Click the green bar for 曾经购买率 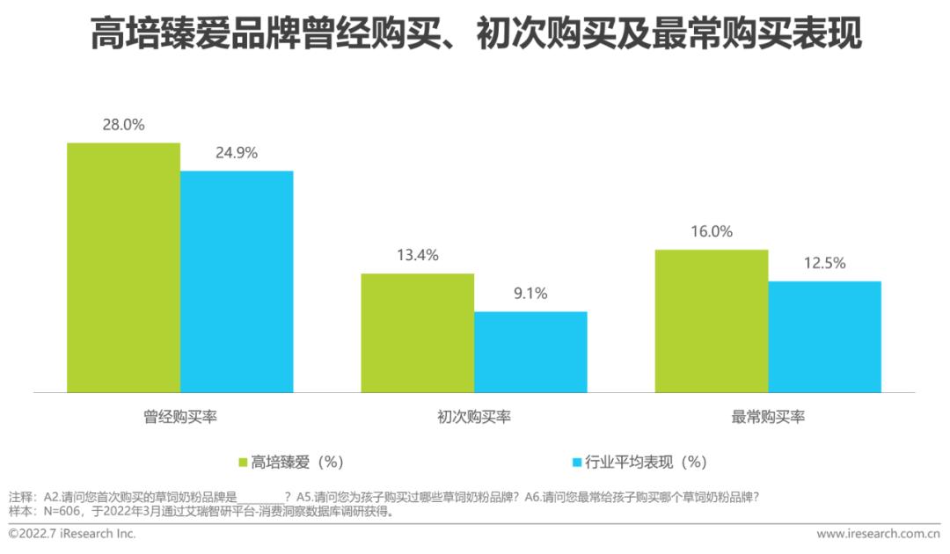[x=124, y=267]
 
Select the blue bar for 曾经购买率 [x=237, y=281]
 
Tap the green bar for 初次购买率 [x=418, y=332]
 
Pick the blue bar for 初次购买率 [x=530, y=352]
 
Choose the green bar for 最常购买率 [x=712, y=321]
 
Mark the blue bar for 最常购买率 [x=824, y=337]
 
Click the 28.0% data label [x=124, y=125]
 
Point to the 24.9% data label [x=237, y=153]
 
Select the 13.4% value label [x=418, y=255]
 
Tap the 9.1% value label [x=530, y=294]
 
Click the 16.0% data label [x=712, y=232]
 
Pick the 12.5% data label [x=824, y=263]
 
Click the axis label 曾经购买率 [x=180, y=417]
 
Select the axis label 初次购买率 [x=474, y=417]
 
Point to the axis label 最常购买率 [x=768, y=417]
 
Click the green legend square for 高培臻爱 [x=244, y=462]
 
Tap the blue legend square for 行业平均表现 [x=577, y=462]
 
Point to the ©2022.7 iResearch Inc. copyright [x=72, y=534]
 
